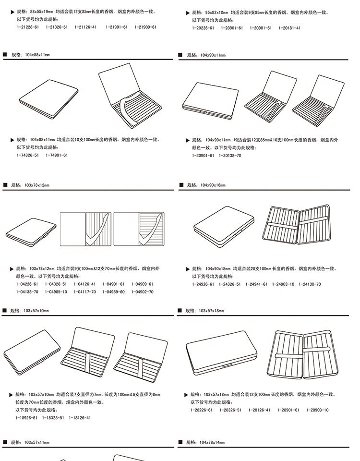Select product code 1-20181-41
click(289, 28)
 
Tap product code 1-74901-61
click(57, 155)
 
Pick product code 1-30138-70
click(230, 156)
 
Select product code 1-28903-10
click(317, 410)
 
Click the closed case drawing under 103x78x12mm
click(29, 230)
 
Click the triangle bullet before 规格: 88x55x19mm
click(12, 11)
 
